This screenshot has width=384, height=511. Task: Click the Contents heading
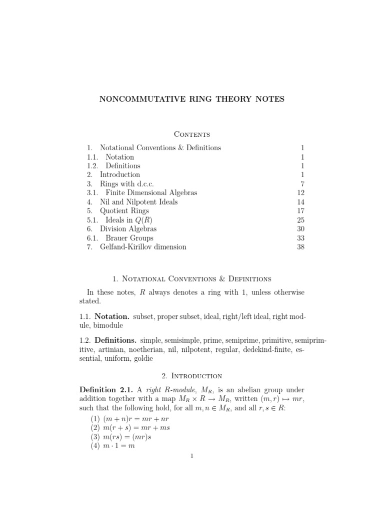(x=191, y=134)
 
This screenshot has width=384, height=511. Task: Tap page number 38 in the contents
(x=300, y=247)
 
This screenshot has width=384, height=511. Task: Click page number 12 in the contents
(x=300, y=193)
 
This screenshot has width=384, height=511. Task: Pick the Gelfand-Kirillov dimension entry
(x=143, y=247)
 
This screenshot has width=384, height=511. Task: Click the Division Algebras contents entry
(x=128, y=229)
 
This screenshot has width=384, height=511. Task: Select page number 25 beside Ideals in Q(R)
(x=300, y=220)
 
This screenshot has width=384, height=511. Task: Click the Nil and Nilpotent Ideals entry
(x=138, y=202)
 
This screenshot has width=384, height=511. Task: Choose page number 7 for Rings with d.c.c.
(x=302, y=184)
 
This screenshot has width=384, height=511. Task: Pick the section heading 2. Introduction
(x=191, y=375)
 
